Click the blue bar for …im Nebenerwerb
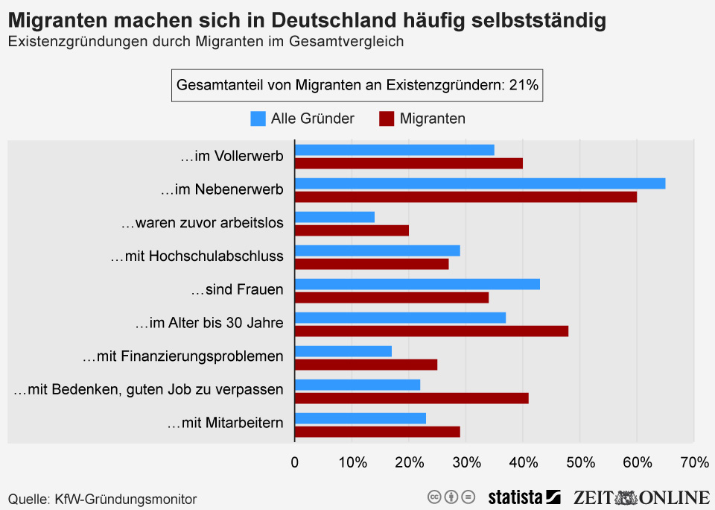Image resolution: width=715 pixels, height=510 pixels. tap(480, 183)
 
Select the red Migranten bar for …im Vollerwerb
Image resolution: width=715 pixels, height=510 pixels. tap(409, 163)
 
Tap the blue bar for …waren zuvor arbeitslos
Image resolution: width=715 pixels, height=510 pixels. tap(334, 217)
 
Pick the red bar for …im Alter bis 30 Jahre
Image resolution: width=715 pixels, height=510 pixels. tap(431, 330)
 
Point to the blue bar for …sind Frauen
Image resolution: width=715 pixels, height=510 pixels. tap(417, 284)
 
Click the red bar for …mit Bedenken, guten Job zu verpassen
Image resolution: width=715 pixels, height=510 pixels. tap(412, 397)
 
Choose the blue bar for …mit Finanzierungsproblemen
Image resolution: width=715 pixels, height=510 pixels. tap(343, 351)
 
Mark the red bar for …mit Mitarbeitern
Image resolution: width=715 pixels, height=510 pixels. tap(378, 431)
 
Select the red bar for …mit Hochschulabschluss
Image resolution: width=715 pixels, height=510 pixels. tap(372, 263)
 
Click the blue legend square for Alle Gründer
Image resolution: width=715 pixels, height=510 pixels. tap(258, 118)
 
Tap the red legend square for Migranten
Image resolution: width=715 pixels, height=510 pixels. tap(387, 118)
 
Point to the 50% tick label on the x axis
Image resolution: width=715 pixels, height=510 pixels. tap(580, 463)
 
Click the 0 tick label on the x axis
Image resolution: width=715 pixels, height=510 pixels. tap(295, 463)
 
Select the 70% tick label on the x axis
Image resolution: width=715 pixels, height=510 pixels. tap(694, 463)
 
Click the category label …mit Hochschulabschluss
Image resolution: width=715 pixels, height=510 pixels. tap(197, 256)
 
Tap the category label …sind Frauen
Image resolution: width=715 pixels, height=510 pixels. tap(237, 289)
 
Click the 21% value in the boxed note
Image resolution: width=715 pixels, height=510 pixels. tap(524, 85)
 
